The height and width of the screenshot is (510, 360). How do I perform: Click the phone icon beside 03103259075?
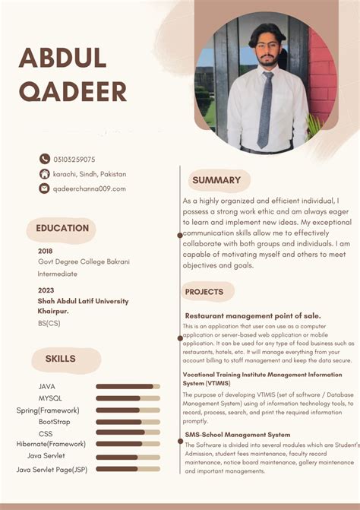45,159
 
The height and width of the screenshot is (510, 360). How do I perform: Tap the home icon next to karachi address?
45,173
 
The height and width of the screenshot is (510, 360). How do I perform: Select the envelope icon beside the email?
45,188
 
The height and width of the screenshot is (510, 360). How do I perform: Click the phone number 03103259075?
74,160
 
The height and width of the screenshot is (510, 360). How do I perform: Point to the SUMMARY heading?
216,180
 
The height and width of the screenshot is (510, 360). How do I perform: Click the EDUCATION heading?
62,228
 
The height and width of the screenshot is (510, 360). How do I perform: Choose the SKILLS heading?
60,359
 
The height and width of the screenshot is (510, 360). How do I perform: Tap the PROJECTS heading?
204,292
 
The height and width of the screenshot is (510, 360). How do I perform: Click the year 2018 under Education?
46,251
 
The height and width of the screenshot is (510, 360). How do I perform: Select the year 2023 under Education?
46,290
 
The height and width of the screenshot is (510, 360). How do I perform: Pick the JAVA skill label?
47,387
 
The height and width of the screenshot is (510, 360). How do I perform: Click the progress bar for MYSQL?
128,398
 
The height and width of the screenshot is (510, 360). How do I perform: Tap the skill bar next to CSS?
128,432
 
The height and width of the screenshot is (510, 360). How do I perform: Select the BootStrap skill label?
55,421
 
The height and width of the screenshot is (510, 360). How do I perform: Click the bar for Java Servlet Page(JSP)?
128,469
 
